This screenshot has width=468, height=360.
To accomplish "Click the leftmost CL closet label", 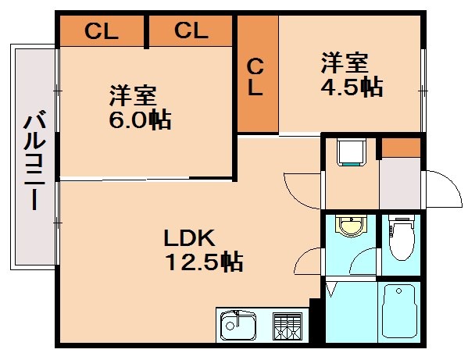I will click(x=102, y=31).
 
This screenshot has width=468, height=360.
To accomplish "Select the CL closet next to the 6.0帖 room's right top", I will click(x=191, y=31).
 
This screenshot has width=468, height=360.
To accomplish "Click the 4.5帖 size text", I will click(x=352, y=86).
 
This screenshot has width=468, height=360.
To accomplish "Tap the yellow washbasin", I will click(x=351, y=227).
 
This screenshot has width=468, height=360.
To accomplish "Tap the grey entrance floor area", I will click(x=399, y=184).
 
